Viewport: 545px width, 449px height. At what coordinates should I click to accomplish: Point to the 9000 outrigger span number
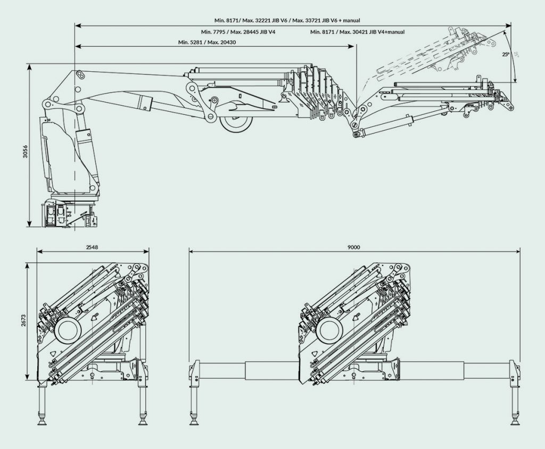pyautogui.click(x=353, y=247)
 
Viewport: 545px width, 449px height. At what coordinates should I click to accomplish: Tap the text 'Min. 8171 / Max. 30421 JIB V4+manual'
pyautogui.click(x=357, y=32)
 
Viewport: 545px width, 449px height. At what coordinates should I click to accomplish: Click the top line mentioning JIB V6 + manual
pyautogui.click(x=287, y=20)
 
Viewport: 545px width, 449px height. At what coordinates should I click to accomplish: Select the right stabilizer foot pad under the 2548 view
pyautogui.click(x=143, y=420)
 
